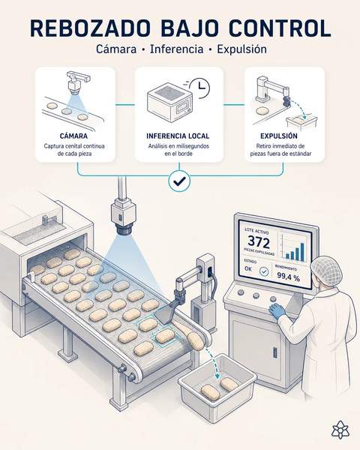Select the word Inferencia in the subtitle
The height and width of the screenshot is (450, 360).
[176, 49]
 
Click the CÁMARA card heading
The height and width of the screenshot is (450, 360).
[73, 136]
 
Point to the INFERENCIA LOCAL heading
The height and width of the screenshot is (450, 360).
[178, 136]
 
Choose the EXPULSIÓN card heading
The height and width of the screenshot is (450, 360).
[279, 136]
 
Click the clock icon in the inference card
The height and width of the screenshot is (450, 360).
[200, 88]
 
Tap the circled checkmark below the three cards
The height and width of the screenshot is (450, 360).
[179, 181]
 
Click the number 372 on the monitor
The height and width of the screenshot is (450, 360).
[259, 242]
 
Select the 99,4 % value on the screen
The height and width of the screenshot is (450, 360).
[288, 277]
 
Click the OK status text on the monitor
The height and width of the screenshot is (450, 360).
[248, 269]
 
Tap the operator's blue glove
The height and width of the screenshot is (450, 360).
[277, 310]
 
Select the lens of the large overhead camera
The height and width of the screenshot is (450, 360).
[124, 230]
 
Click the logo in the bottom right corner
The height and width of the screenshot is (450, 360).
[340, 430]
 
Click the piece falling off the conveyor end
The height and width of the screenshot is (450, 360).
[196, 341]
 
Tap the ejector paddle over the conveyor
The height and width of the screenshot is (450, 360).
[166, 314]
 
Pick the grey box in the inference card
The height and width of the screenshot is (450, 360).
[169, 103]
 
